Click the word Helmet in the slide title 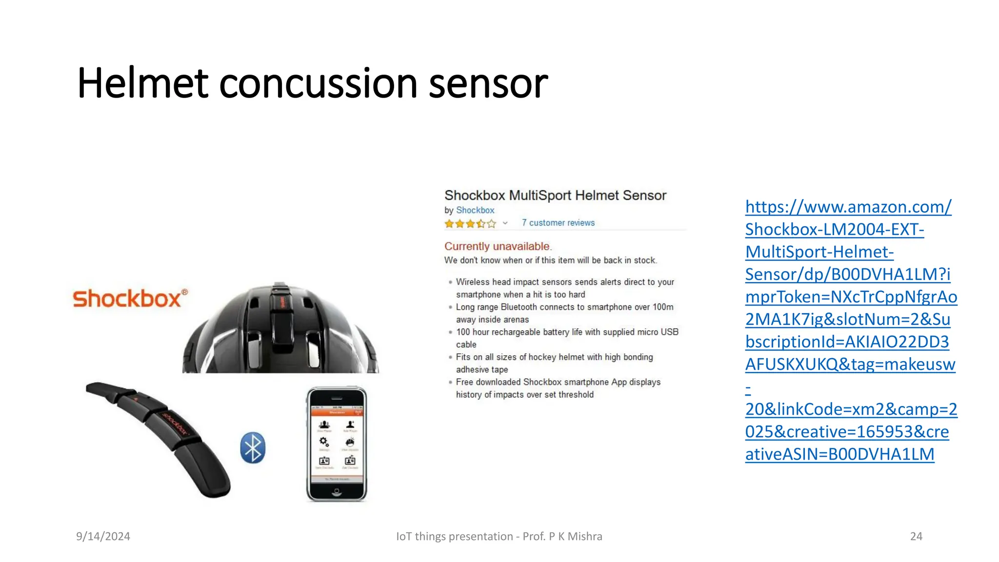tap(142, 83)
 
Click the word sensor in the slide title tap(488, 83)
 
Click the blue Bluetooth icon tap(253, 447)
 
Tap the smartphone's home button tap(337, 493)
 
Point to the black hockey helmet tap(280, 332)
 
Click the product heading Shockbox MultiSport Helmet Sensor tap(555, 196)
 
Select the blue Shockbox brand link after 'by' tap(475, 210)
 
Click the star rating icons tap(470, 223)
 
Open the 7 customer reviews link tap(558, 223)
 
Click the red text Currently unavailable tap(498, 246)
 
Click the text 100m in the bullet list tap(663, 307)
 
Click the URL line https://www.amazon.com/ tap(848, 207)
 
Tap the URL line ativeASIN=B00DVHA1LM tap(839, 454)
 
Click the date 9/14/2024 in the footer tap(103, 536)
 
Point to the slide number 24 tap(916, 536)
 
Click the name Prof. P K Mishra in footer tap(562, 536)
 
